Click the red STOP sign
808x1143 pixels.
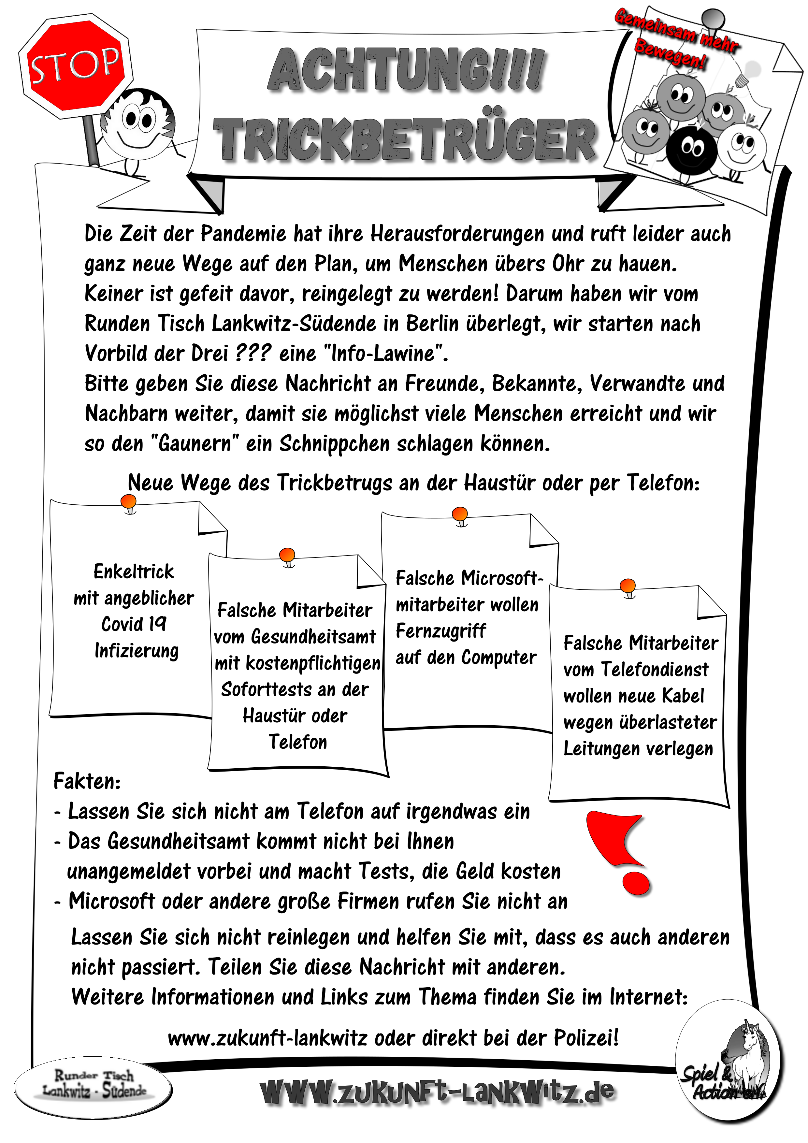[76, 66]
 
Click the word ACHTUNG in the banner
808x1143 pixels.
[406, 71]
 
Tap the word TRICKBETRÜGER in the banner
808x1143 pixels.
[404, 139]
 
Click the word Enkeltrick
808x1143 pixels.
[134, 571]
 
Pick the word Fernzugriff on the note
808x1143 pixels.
[440, 631]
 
